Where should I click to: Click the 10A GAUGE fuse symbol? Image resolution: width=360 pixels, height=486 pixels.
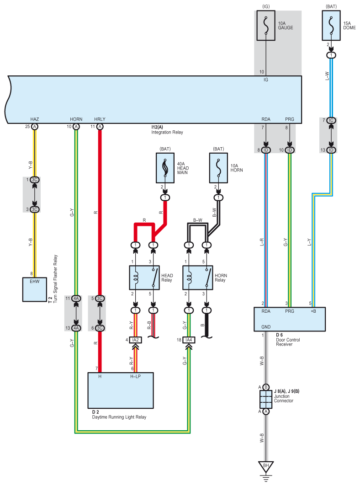click(x=266, y=26)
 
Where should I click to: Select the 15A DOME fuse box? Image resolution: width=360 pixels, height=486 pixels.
click(x=331, y=26)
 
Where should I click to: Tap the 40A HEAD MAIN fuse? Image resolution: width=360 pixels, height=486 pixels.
click(x=165, y=168)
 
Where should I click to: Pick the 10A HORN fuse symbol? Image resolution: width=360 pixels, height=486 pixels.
click(x=218, y=168)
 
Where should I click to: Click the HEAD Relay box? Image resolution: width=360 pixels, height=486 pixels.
click(x=144, y=278)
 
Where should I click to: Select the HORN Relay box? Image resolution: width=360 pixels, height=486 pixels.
click(x=198, y=278)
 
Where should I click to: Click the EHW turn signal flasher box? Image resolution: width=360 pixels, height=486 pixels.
click(x=35, y=289)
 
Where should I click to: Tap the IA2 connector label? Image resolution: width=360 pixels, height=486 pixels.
click(x=135, y=340)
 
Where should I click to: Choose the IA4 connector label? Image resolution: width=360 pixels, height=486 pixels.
click(x=189, y=340)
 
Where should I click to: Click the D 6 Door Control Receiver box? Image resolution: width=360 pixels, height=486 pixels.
click(x=290, y=319)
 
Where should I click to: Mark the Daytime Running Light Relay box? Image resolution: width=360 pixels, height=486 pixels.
click(x=121, y=390)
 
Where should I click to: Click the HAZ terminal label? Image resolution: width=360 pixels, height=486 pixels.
click(x=35, y=119)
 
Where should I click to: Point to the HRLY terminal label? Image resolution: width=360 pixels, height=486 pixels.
click(x=100, y=119)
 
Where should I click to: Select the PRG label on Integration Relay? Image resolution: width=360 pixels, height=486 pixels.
click(x=290, y=119)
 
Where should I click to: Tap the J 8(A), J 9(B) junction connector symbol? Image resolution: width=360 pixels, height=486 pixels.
click(x=266, y=400)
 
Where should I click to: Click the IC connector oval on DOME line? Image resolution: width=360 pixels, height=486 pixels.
click(x=331, y=120)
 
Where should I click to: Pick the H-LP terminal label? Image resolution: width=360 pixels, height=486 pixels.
click(x=135, y=377)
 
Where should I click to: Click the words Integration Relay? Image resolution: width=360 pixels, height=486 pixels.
click(x=167, y=132)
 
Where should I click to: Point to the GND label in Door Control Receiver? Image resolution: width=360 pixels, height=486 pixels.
click(x=266, y=327)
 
